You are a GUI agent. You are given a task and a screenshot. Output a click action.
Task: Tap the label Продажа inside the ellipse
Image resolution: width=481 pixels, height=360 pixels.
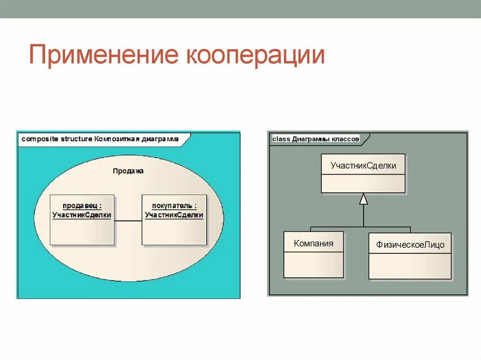pos(128,171)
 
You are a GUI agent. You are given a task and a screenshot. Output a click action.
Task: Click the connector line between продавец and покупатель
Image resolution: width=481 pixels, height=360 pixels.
pos(128,221)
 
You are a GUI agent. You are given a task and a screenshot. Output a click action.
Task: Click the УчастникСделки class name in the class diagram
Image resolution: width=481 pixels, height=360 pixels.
pos(363,165)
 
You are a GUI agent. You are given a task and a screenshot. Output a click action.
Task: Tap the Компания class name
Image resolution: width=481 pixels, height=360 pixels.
pos(313,243)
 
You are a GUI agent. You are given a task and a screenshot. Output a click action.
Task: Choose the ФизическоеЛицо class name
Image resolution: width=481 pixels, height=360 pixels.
pos(410,245)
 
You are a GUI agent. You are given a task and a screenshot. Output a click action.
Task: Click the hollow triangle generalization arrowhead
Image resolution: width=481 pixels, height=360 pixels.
pos(363,199)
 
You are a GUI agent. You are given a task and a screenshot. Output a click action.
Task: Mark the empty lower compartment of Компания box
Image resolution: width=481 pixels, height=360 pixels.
pos(313,264)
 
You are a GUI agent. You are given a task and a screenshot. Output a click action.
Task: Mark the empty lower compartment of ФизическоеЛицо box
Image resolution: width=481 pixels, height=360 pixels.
pos(410,267)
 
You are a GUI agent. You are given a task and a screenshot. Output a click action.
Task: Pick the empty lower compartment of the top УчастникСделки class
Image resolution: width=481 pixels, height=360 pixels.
pos(363,183)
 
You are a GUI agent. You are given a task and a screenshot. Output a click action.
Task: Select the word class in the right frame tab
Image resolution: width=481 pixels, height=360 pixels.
pos(281,139)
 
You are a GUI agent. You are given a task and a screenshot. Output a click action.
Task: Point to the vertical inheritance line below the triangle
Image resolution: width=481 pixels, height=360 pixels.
pos(363,216)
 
